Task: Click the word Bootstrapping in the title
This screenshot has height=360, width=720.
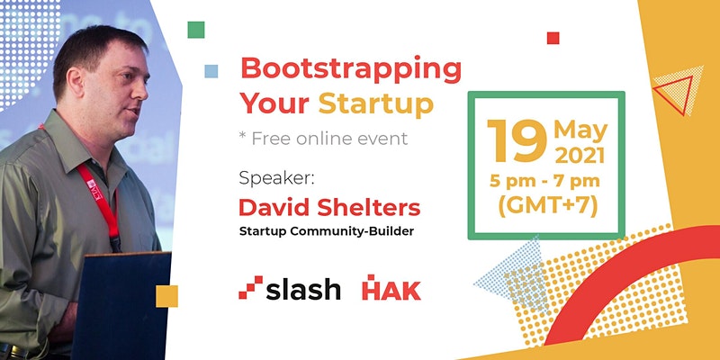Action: click(x=351, y=71)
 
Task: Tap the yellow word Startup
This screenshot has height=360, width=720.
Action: click(x=376, y=103)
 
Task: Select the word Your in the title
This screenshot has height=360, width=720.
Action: click(x=274, y=103)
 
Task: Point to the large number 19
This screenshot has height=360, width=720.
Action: click(x=517, y=141)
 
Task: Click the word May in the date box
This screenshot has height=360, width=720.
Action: click(x=580, y=131)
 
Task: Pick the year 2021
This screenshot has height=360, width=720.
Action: click(x=580, y=156)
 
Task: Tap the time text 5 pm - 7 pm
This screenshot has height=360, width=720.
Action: click(x=544, y=181)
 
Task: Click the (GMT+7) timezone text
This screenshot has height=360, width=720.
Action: click(x=548, y=207)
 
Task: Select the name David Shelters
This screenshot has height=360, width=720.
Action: click(x=329, y=208)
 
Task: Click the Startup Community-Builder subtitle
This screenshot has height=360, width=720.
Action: click(x=327, y=231)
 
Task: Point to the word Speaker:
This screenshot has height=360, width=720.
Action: click(x=276, y=178)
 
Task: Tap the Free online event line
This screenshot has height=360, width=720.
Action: click(x=323, y=139)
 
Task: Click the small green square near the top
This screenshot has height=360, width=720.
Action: click(x=196, y=30)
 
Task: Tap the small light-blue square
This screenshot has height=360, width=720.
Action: click(x=211, y=71)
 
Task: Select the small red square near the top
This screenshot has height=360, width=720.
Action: click(x=553, y=38)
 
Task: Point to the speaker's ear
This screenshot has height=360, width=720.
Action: click(x=75, y=81)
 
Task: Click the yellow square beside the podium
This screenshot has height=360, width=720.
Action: click(x=166, y=296)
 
